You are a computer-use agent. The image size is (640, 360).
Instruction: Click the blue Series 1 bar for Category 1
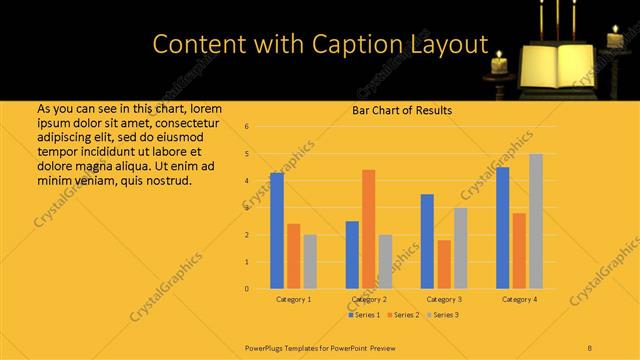coord(277,231)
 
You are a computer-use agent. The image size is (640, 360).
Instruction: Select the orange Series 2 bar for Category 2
coord(369,229)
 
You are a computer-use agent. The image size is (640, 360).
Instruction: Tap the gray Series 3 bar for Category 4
coord(536,221)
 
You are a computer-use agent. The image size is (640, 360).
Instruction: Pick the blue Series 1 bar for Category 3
coord(427,241)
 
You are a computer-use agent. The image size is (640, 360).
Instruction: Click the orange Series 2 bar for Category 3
coord(444,264)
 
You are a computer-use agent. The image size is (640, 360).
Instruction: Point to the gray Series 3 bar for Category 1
coord(310,262)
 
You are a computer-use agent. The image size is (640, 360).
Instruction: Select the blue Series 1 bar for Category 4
coord(502,228)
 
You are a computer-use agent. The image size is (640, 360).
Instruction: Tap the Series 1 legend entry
coord(363,315)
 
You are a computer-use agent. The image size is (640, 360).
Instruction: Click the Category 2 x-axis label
coord(369,299)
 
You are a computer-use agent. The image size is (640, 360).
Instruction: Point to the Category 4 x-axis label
coord(519,299)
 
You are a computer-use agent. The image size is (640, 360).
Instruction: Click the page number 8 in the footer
coord(589,346)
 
